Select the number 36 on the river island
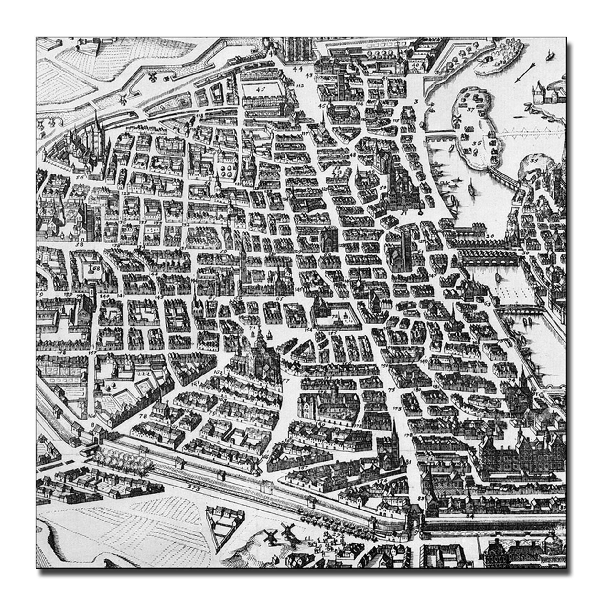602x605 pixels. tap(477, 143)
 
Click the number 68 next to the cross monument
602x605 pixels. tap(96, 268)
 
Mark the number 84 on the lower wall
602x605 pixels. tap(469, 524)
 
